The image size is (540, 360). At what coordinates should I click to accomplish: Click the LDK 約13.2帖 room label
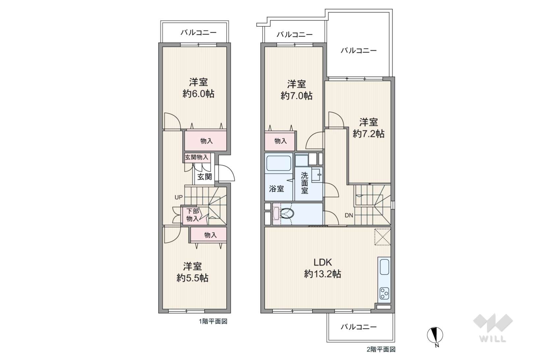(x=322, y=268)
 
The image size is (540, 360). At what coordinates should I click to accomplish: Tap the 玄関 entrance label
(x=204, y=177)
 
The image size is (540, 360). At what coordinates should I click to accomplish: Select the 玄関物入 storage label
(x=196, y=157)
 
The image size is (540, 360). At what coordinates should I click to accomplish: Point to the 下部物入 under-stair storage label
(x=193, y=215)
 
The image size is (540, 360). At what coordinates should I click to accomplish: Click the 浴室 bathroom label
(x=276, y=189)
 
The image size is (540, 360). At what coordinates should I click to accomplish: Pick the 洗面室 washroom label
(x=304, y=183)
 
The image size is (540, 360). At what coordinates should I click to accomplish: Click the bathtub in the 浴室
(x=278, y=163)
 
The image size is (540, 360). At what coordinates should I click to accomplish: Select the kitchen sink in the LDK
(x=384, y=267)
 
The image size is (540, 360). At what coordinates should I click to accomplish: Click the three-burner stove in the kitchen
(x=384, y=293)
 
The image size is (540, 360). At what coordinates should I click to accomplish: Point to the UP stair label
(x=179, y=197)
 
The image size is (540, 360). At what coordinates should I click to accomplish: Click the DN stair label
(x=349, y=215)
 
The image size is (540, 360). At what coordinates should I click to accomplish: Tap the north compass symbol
(x=435, y=335)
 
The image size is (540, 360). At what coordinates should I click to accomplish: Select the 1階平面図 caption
(x=213, y=321)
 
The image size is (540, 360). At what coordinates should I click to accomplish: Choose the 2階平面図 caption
(x=381, y=349)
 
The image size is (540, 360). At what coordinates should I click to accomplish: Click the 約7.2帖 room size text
(x=369, y=133)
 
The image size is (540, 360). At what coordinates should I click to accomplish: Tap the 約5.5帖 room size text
(x=192, y=278)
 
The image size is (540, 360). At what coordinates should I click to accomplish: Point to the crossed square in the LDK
(x=383, y=236)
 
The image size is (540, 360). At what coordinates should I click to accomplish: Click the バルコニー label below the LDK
(x=358, y=327)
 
